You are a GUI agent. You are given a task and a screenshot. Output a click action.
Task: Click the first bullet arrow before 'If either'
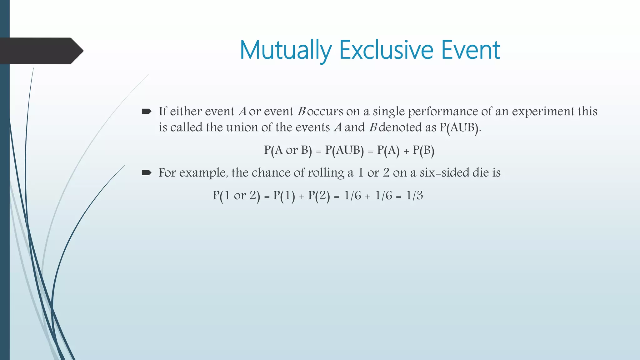click(x=146, y=111)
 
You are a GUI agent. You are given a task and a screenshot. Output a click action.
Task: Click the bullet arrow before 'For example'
click(x=146, y=172)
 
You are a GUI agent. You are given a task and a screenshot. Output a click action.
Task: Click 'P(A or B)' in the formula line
click(x=288, y=150)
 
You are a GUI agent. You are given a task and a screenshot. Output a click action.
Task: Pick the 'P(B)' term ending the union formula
click(x=423, y=150)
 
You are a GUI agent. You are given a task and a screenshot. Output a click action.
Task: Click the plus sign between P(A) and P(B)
click(x=406, y=152)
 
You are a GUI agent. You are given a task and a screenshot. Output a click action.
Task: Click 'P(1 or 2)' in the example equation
click(x=237, y=196)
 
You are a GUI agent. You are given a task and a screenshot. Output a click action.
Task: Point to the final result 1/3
click(x=414, y=196)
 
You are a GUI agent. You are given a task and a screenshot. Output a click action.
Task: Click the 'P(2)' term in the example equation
click(x=319, y=196)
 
